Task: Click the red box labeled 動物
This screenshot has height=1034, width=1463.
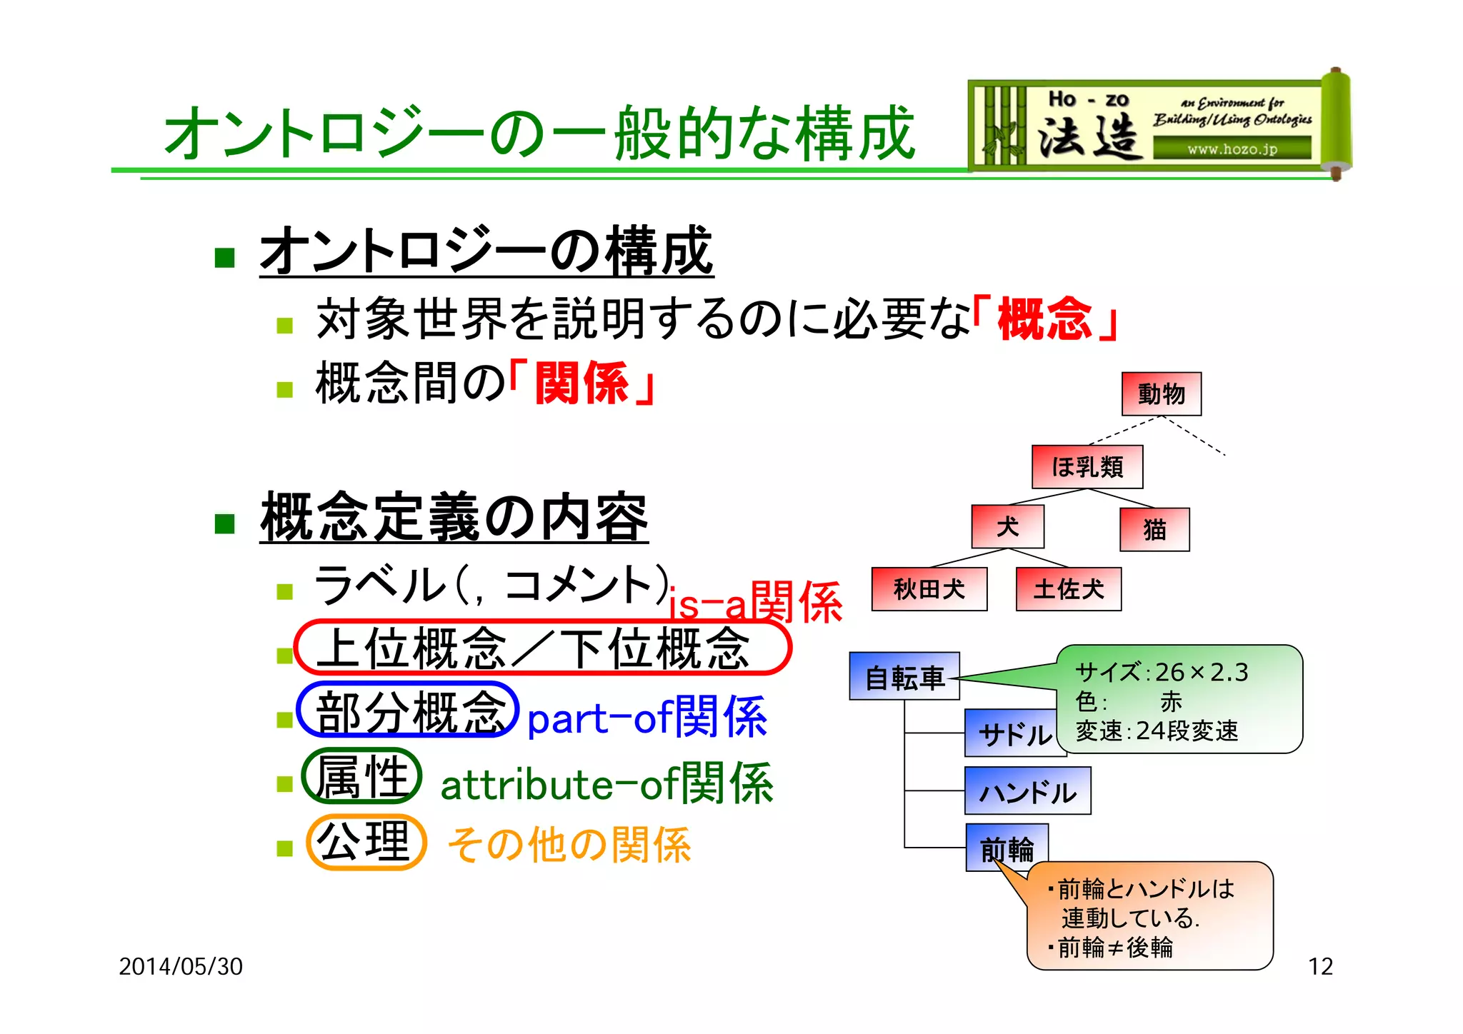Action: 1161,393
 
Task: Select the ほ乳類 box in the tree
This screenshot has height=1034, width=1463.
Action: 1087,467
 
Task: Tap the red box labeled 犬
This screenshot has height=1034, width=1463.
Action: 1007,526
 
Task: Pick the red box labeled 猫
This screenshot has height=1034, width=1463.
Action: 1154,529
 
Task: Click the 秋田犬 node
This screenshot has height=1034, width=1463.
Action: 929,589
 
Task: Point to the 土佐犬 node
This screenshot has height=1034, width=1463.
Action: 1068,589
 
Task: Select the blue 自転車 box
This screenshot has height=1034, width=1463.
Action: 904,676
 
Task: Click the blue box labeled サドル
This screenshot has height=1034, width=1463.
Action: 1011,733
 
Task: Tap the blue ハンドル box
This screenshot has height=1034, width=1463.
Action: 1027,791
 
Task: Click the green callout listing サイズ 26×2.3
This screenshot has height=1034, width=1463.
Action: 1179,700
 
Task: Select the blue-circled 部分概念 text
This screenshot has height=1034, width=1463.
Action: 407,711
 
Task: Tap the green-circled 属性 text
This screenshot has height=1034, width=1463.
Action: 361,775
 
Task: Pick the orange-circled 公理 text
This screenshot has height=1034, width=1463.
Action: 365,842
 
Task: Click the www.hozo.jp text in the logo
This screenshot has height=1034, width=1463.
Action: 1232,149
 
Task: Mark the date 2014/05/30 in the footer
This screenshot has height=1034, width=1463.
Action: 181,966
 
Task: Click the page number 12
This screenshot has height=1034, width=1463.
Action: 1319,966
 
